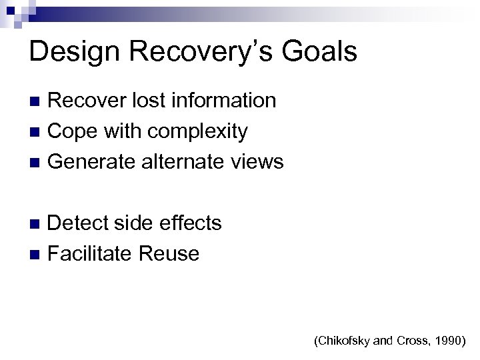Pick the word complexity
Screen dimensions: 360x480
(198, 131)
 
